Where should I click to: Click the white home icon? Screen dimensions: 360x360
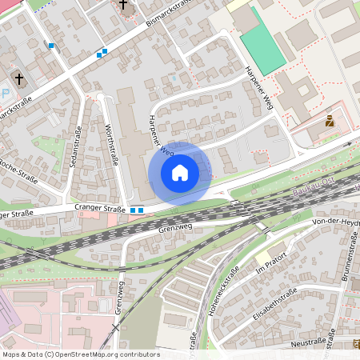(180, 173)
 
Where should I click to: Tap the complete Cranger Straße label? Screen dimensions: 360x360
(101, 210)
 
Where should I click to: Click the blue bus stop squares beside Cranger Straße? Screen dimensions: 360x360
(137, 210)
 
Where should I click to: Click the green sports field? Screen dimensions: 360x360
(262, 41)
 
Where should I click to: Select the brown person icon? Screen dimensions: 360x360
(329, 122)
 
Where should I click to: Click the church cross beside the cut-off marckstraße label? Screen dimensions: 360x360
(19, 78)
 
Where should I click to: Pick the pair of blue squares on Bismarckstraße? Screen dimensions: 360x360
(102, 54)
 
